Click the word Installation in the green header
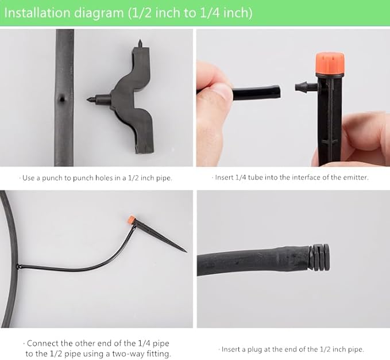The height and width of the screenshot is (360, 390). tap(37, 13)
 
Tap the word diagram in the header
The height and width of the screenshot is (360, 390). tap(99, 14)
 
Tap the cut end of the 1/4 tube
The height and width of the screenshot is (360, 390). tap(279, 92)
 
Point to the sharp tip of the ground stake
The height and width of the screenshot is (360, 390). tap(186, 251)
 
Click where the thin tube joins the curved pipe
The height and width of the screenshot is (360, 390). tap(18, 266)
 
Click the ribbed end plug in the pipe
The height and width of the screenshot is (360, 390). tap(319, 258)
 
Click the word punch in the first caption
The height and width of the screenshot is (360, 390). tap(52, 178)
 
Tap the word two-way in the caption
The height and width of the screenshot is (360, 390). tap(129, 354)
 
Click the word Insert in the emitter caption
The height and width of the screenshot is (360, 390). tap(225, 178)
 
